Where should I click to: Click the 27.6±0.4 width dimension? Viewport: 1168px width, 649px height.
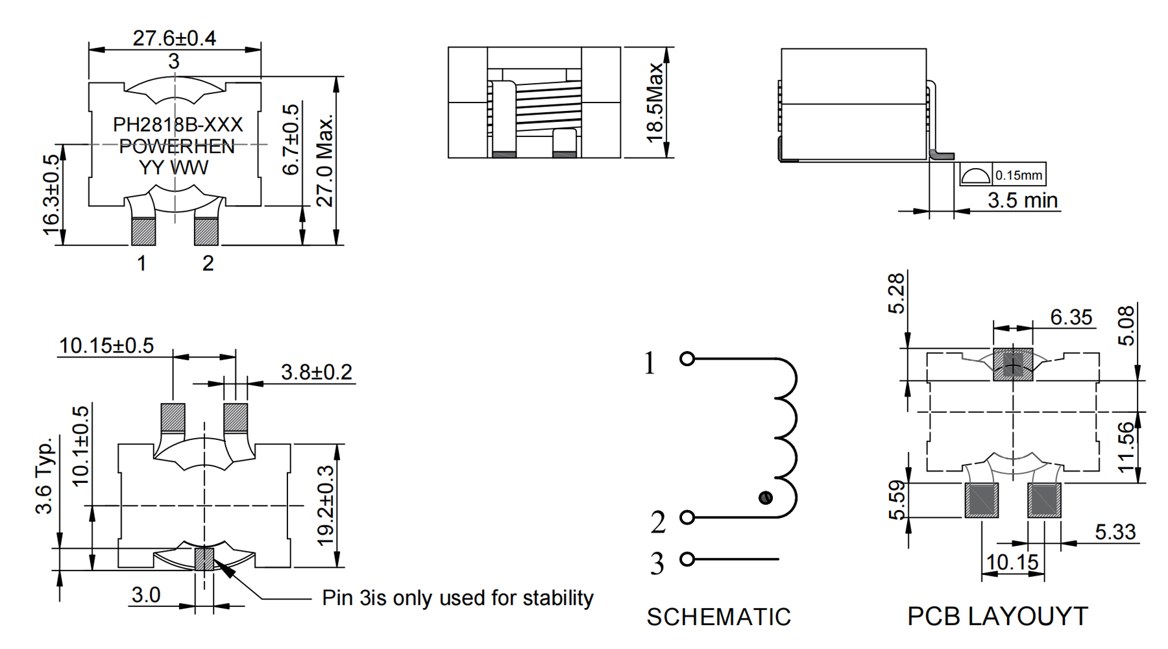pyautogui.click(x=175, y=38)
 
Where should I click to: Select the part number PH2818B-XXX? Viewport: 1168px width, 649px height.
pyautogui.click(x=178, y=124)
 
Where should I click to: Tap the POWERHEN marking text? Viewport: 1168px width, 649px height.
pyautogui.click(x=176, y=146)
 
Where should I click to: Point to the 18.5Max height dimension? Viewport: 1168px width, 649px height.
pyautogui.click(x=655, y=103)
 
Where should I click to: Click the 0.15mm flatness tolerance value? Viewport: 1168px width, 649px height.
pyautogui.click(x=1019, y=175)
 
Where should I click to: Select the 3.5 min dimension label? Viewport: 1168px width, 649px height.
pyautogui.click(x=1023, y=201)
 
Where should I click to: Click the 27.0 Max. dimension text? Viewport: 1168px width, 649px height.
pyautogui.click(x=324, y=161)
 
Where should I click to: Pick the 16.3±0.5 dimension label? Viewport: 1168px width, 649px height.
pyautogui.click(x=51, y=195)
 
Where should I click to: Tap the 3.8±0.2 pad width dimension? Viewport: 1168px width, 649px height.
pyautogui.click(x=317, y=372)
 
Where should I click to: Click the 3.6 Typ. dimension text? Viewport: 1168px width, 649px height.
pyautogui.click(x=43, y=476)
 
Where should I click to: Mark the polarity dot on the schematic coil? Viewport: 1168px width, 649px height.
pyautogui.click(x=766, y=498)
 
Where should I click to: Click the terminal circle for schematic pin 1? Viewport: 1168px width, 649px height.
pyautogui.click(x=687, y=358)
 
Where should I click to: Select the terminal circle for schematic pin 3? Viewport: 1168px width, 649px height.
pyautogui.click(x=687, y=559)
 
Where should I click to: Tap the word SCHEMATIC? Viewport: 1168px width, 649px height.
pyautogui.click(x=719, y=617)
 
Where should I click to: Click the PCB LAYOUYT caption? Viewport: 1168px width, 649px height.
pyautogui.click(x=997, y=616)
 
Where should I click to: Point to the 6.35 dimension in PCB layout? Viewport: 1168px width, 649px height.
pyautogui.click(x=1071, y=317)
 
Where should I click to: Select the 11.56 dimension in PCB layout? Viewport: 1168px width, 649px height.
pyautogui.click(x=1128, y=448)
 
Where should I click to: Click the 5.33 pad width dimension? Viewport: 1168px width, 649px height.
pyautogui.click(x=1115, y=532)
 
